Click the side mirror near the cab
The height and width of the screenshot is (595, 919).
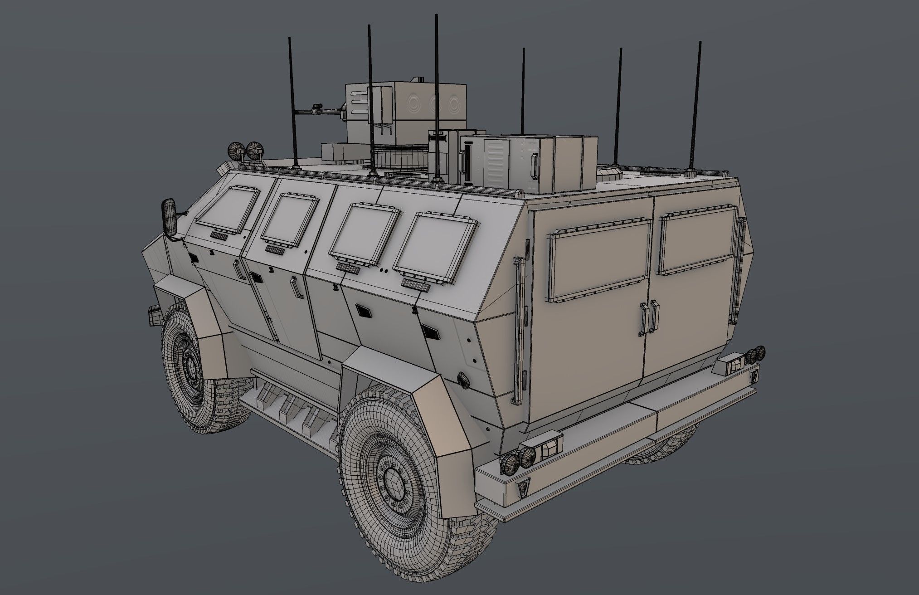tap(170, 218)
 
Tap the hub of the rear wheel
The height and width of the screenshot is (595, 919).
tap(393, 485)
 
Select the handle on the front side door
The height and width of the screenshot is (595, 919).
tap(238, 270)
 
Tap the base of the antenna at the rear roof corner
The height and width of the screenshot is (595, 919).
tap(690, 172)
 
